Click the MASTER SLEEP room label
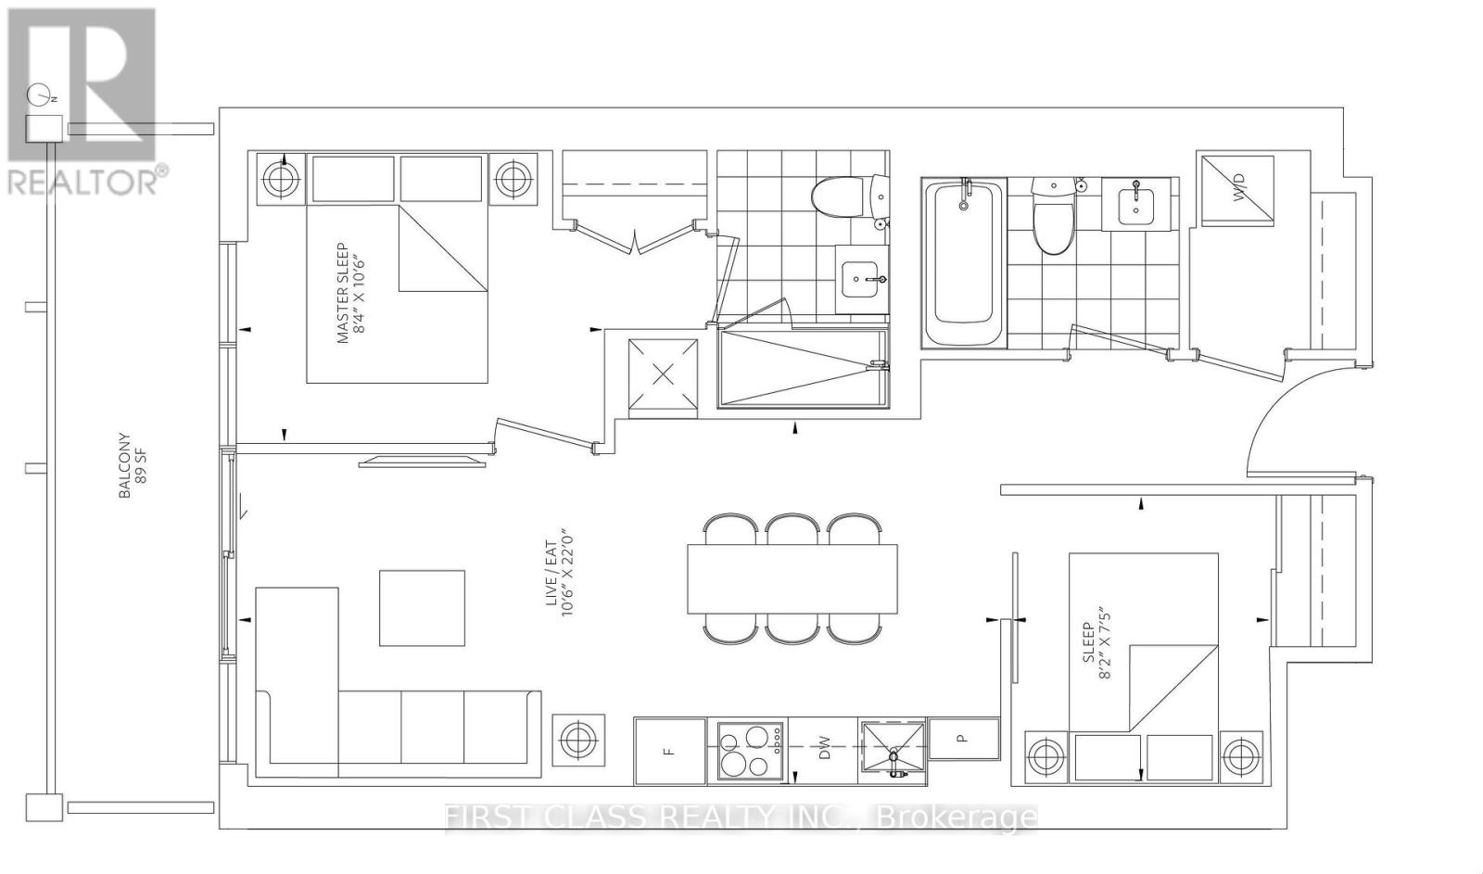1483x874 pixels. tap(349, 294)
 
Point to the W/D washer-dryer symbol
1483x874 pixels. tap(1237, 190)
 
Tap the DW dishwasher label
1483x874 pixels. tap(823, 751)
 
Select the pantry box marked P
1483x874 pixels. tap(963, 739)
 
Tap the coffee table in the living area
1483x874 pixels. tap(422, 608)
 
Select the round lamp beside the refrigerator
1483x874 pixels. tap(578, 741)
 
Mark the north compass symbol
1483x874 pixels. tap(38, 95)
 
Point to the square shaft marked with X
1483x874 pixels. tap(663, 374)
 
